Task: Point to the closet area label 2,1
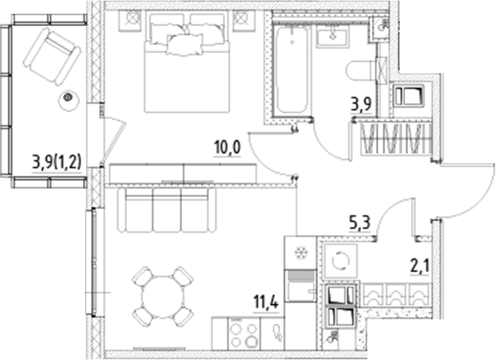click(x=420, y=266)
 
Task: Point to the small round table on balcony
click(x=69, y=98)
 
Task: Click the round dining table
click(x=160, y=296)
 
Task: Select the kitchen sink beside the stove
click(x=274, y=333)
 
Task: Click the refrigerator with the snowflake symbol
click(x=299, y=253)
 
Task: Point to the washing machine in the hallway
click(x=338, y=260)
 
